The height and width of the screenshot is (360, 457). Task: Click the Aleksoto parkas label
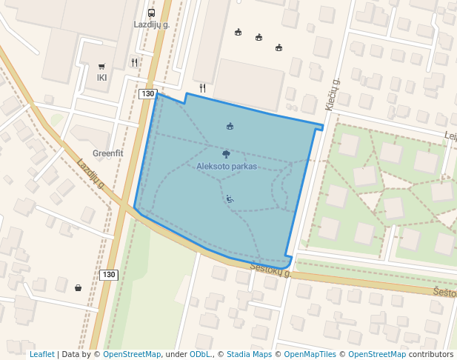click(227, 167)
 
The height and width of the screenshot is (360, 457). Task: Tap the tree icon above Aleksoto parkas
click(226, 154)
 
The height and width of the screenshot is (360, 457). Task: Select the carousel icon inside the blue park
click(230, 126)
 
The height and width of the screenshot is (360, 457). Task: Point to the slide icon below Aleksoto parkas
click(230, 199)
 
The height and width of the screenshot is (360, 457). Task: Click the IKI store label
click(102, 77)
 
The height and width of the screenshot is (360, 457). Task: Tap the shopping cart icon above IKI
click(101, 66)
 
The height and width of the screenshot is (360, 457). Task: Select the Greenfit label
click(107, 154)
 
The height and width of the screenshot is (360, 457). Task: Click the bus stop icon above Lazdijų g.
click(151, 13)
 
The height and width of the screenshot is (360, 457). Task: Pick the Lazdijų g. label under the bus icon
click(152, 24)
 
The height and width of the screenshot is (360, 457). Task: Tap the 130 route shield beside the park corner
click(147, 94)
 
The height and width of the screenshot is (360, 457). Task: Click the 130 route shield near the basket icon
click(109, 275)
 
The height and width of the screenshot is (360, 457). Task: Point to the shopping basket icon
click(79, 287)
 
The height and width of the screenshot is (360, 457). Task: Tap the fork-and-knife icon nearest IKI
click(134, 63)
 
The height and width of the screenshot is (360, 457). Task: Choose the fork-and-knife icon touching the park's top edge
click(202, 87)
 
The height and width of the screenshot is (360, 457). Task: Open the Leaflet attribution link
click(41, 354)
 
